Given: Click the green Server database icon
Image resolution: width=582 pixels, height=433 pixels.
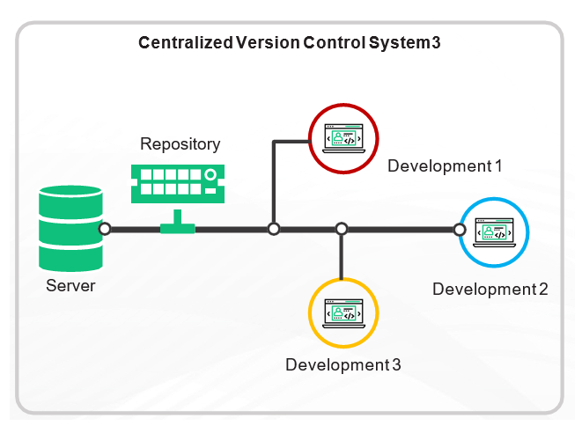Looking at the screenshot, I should [70, 229].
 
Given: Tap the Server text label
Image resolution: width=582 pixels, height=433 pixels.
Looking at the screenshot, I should [70, 286].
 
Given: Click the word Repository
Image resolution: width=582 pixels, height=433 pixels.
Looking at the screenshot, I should [180, 143].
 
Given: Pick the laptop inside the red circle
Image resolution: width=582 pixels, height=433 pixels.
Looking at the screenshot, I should [343, 138].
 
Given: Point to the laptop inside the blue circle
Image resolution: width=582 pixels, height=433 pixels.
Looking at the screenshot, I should [494, 231].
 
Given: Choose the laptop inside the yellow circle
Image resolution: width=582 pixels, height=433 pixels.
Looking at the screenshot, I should [343, 312].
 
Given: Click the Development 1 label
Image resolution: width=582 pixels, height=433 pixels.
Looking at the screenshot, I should [445, 165].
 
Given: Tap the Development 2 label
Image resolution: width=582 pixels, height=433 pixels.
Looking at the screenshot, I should [490, 289].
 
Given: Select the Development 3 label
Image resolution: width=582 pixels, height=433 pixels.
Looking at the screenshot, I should [343, 365].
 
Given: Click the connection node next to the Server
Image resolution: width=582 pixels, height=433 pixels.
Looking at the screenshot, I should [105, 229].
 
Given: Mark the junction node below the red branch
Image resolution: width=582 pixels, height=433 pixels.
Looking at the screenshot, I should [274, 229].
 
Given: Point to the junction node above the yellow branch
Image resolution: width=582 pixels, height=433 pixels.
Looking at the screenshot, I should [342, 229].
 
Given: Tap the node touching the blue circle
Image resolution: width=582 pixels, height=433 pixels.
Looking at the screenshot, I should [459, 230].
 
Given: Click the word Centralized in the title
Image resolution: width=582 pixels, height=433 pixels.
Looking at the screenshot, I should [180, 42].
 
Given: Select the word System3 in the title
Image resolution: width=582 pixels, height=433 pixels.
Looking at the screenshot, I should [409, 42].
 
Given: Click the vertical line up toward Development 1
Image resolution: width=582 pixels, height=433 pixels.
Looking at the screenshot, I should [274, 185].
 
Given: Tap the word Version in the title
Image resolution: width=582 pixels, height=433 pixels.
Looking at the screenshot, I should [266, 42].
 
